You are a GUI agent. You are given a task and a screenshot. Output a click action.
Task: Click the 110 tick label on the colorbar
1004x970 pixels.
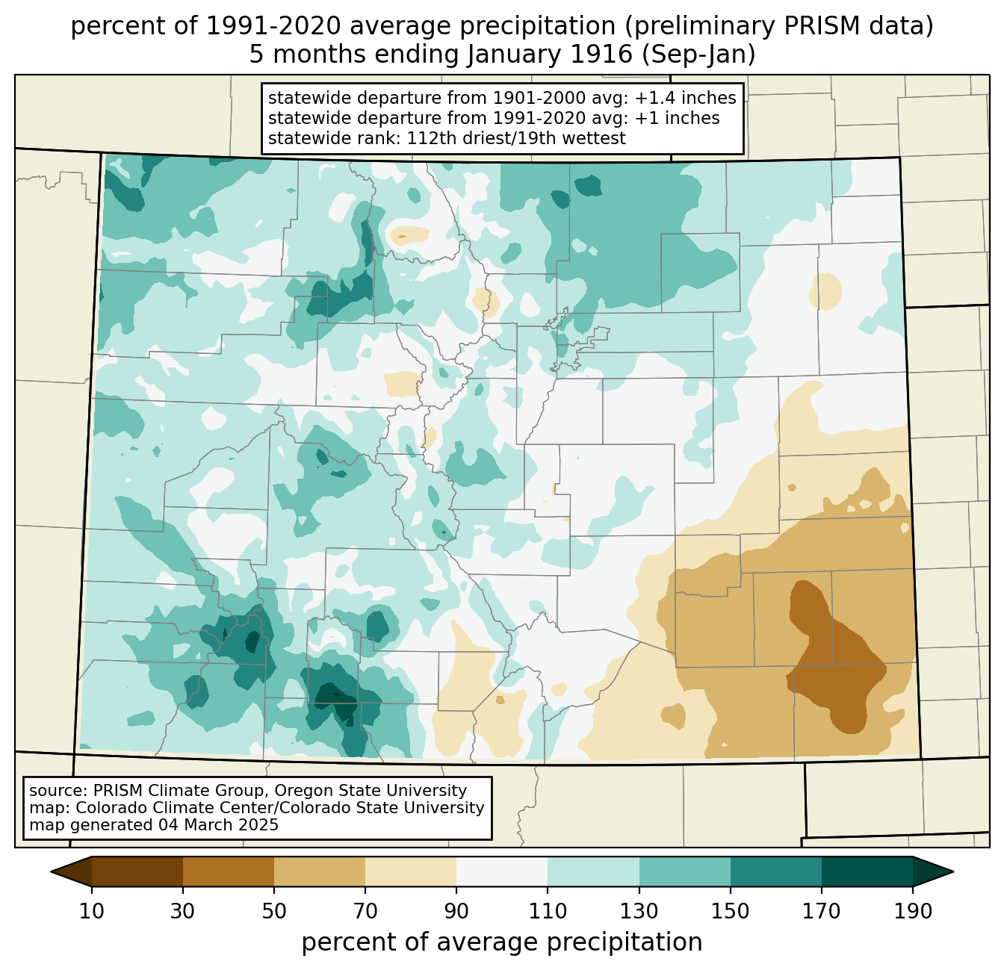[x=548, y=911]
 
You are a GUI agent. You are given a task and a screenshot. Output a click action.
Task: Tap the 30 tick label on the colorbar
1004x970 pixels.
[x=182, y=911]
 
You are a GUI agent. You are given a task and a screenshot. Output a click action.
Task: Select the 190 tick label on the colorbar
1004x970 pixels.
[x=913, y=911]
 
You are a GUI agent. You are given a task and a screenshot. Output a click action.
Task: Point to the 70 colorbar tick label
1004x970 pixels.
[x=365, y=911]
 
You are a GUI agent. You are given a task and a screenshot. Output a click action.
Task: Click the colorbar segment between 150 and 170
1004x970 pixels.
[x=775, y=872]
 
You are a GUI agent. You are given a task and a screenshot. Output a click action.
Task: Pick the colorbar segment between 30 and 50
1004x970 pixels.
[x=228, y=872]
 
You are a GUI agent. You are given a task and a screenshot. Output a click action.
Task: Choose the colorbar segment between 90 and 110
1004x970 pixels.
[x=502, y=872]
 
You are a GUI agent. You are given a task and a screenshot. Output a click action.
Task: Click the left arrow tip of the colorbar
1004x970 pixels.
[x=51, y=872]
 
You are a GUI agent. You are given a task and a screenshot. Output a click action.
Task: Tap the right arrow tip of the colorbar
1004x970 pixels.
[x=953, y=872]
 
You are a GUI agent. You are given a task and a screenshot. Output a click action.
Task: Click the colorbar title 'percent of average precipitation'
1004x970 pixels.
[x=502, y=942]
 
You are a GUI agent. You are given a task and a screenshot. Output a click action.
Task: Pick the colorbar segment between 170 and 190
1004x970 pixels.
[x=867, y=872]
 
